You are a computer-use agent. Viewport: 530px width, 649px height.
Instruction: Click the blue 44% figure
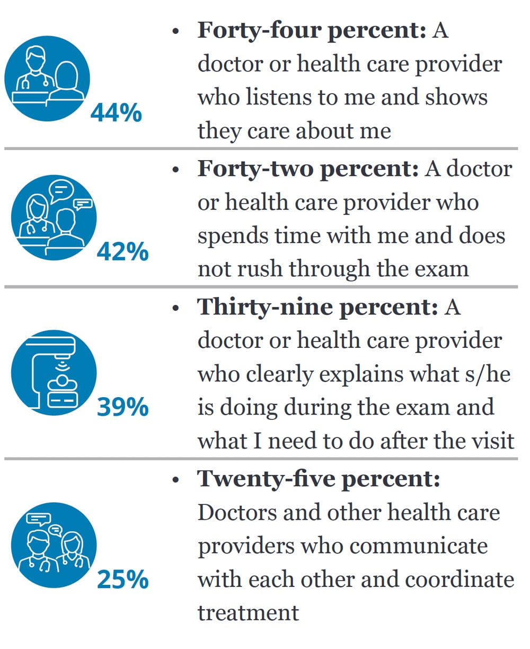pyautogui.click(x=116, y=113)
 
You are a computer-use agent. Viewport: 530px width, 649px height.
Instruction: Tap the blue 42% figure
pyautogui.click(x=122, y=252)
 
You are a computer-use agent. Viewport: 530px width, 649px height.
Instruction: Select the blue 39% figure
pyautogui.click(x=122, y=407)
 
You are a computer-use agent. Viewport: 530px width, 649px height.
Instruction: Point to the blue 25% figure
pyautogui.click(x=122, y=579)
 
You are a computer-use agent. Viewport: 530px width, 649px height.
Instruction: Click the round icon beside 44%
pyautogui.click(x=47, y=78)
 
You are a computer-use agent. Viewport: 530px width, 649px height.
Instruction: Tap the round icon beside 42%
pyautogui.click(x=54, y=217)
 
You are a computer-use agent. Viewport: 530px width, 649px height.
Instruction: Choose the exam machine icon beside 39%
pyautogui.click(x=54, y=372)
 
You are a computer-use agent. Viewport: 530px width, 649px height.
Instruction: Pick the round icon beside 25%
pyautogui.click(x=54, y=545)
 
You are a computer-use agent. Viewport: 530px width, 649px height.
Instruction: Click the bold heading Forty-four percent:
pyautogui.click(x=312, y=31)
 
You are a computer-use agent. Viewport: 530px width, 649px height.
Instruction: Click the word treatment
pyautogui.click(x=248, y=612)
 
